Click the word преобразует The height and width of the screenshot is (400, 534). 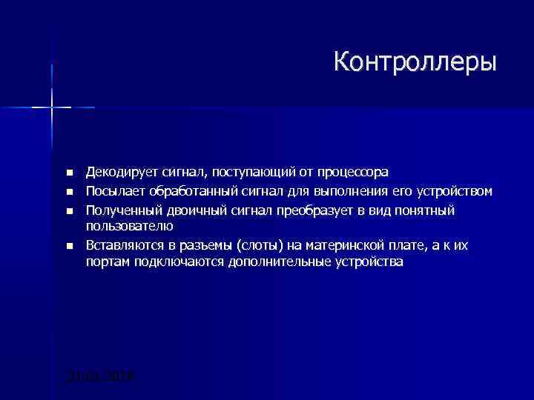click(310, 210)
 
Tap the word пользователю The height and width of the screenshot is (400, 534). click(129, 226)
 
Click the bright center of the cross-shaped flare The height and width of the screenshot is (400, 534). click(52, 107)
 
